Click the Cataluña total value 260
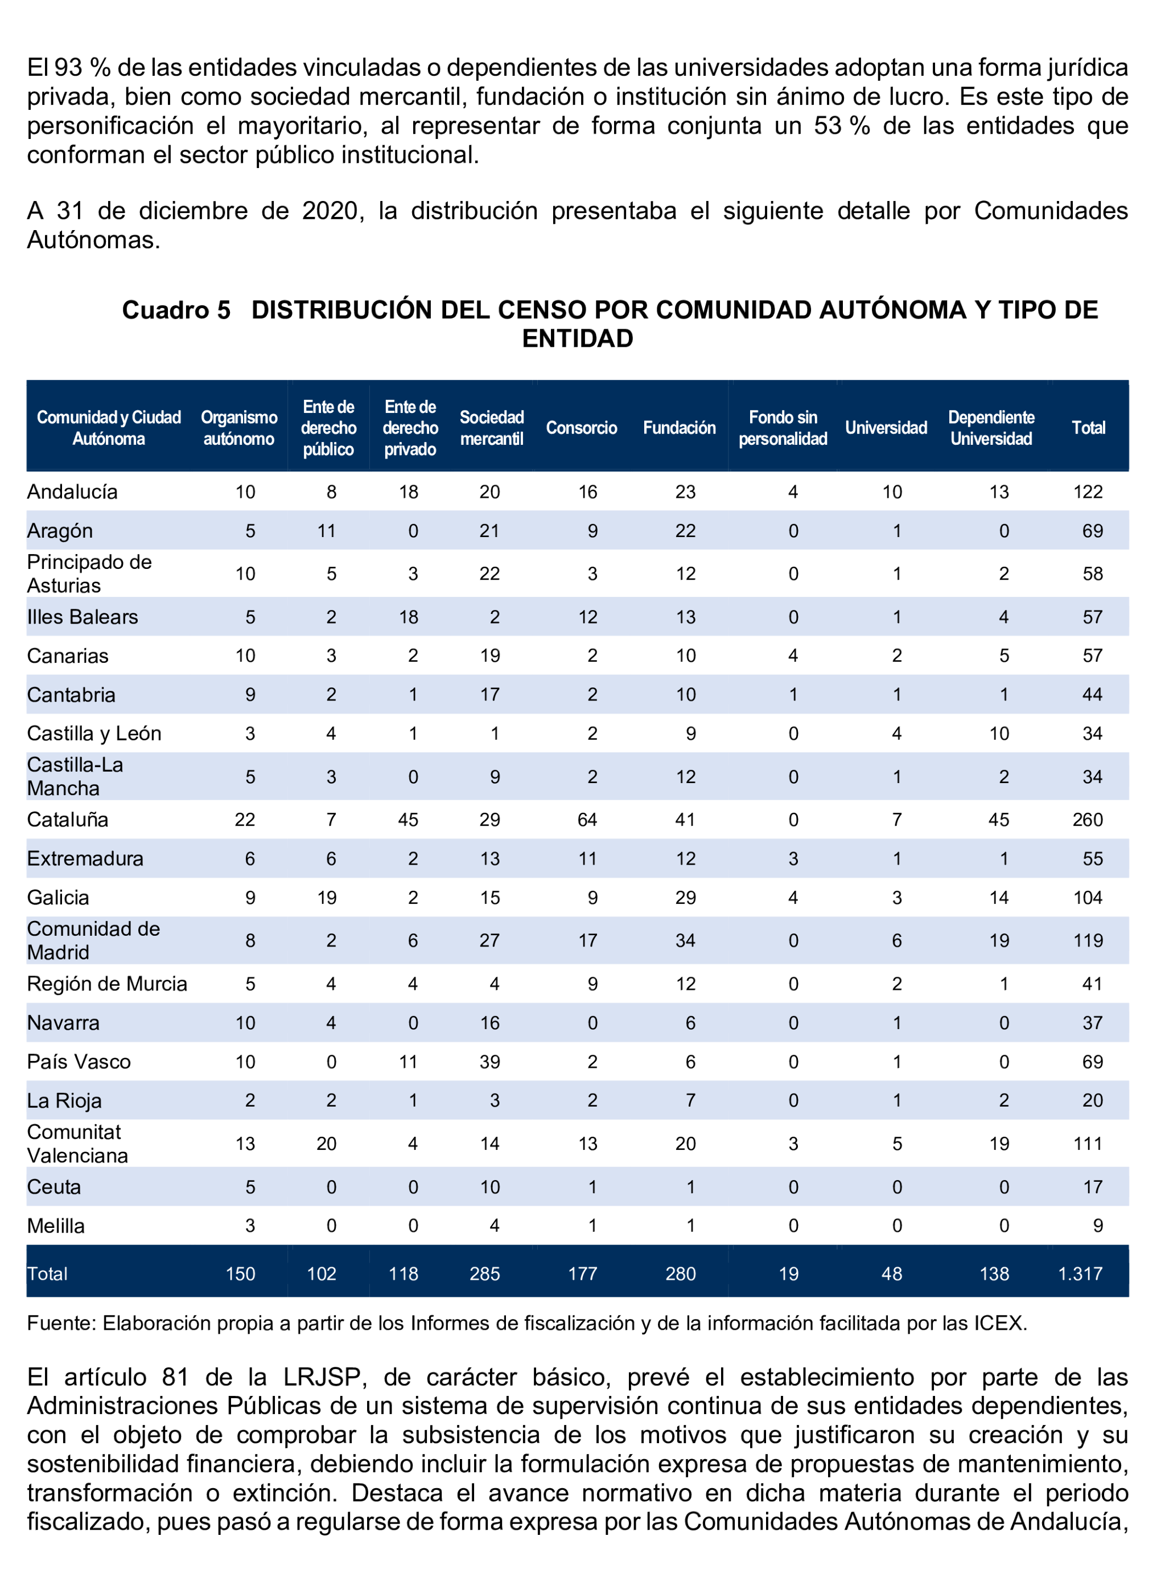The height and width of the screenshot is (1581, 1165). [x=1088, y=820]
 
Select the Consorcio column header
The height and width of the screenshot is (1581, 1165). [x=581, y=428]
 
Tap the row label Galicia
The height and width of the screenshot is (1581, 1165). [x=58, y=898]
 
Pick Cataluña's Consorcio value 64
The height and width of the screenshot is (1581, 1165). [x=587, y=820]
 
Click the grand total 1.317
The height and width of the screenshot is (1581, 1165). [x=1080, y=1273]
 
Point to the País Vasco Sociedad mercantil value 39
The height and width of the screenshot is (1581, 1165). [x=489, y=1062]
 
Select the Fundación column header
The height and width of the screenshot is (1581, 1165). [x=679, y=428]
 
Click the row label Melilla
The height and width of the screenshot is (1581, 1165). [x=56, y=1226]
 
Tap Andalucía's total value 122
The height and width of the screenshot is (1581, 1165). [x=1088, y=491]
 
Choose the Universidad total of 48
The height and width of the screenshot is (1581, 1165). [x=891, y=1273]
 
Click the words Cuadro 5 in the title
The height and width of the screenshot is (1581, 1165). [x=176, y=310]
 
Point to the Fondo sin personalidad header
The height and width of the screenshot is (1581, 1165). [x=783, y=428]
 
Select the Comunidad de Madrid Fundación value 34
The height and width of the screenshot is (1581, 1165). [x=685, y=940]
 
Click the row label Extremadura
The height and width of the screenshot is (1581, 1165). [x=85, y=859]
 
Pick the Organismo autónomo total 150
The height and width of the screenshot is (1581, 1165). [x=241, y=1273]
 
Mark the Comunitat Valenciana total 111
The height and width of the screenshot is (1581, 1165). [x=1088, y=1144]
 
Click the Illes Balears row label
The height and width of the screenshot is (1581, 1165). [x=83, y=617]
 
